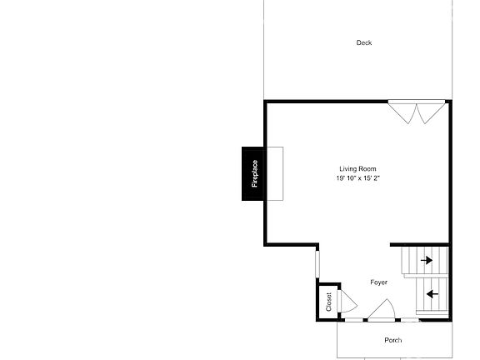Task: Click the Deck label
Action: click(363, 42)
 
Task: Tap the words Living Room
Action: click(357, 169)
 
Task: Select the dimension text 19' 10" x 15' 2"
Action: click(357, 178)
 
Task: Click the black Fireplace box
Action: click(254, 173)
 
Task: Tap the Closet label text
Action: click(328, 301)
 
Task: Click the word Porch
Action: click(392, 340)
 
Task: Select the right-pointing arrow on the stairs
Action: click(427, 261)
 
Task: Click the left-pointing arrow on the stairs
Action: click(432, 293)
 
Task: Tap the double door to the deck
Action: click(417, 112)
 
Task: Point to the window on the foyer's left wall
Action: click(317, 265)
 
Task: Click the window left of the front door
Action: click(353, 320)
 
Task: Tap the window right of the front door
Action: click(409, 320)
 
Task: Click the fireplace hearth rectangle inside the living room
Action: click(274, 173)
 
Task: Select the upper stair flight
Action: click(426, 261)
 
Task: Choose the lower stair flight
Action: click(432, 297)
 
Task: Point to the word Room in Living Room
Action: click(367, 169)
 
